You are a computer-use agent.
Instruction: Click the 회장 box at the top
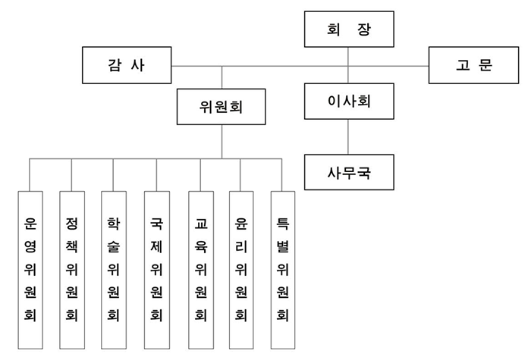coord(348,30)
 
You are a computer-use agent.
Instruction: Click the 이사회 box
coord(348,101)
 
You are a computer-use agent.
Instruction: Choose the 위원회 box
coord(222,106)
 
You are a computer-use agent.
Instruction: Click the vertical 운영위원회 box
coord(29,268)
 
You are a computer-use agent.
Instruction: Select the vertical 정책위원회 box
coord(71,268)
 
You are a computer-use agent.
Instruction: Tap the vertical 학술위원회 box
coord(114,268)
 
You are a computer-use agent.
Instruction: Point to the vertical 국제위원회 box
coord(156,268)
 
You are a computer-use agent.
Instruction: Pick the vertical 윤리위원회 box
coord(240,268)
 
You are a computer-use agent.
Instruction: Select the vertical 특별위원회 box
coord(282,268)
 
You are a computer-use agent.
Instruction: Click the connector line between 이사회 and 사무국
coord(348,136)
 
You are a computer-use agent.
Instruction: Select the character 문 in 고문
coord(485,66)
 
